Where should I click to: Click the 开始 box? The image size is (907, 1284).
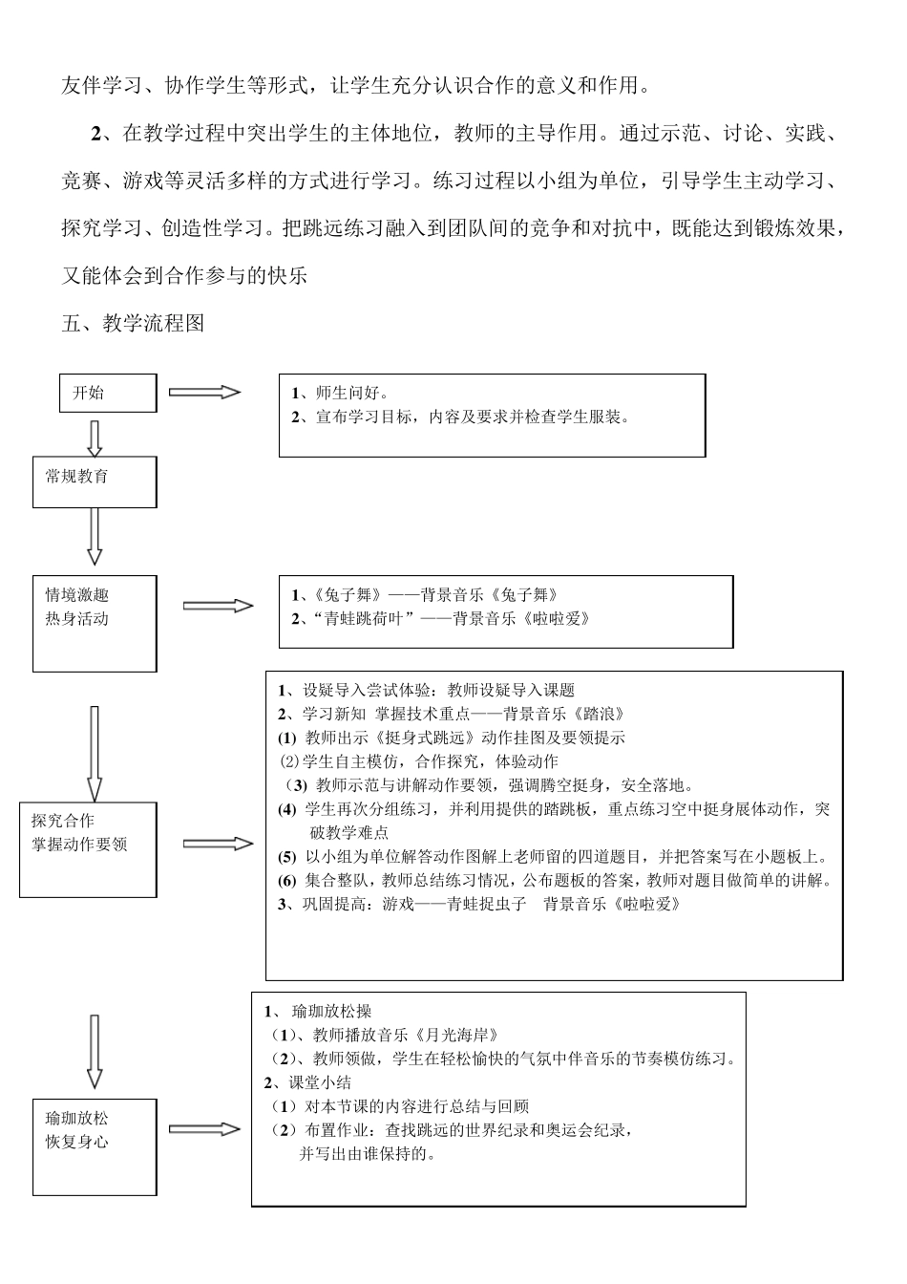point(109,393)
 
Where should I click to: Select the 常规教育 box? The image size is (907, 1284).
point(95,481)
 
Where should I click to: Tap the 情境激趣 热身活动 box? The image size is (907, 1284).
point(95,623)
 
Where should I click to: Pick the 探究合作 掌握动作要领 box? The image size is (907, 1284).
point(89,849)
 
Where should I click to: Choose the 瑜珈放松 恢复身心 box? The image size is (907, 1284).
point(95,1146)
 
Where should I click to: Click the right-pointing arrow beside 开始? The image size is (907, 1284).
point(204,392)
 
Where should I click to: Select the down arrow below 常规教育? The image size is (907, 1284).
point(95,536)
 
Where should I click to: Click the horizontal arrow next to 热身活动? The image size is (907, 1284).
point(218,606)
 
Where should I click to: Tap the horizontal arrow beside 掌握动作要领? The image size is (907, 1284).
point(218,844)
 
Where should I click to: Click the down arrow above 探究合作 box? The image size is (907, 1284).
point(95,753)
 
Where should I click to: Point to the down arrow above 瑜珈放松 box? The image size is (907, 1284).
point(95,1051)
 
